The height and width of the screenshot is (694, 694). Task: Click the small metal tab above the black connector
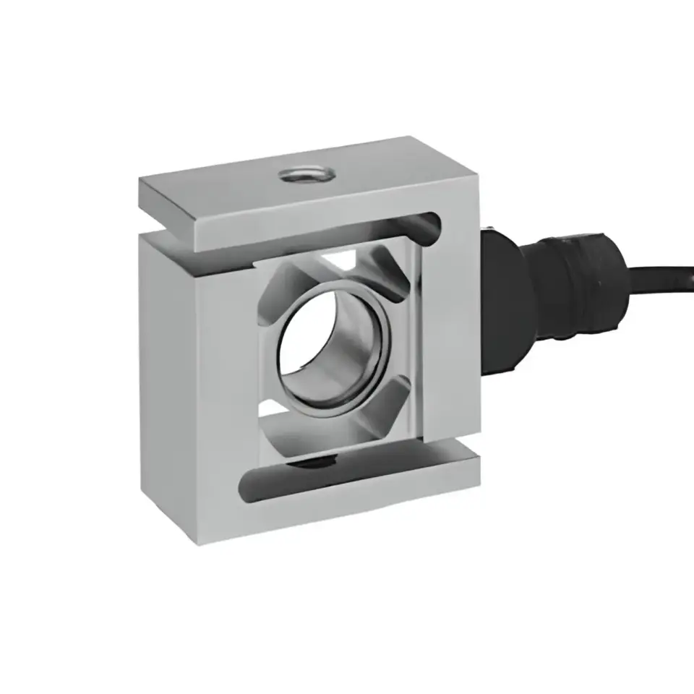(488, 232)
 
